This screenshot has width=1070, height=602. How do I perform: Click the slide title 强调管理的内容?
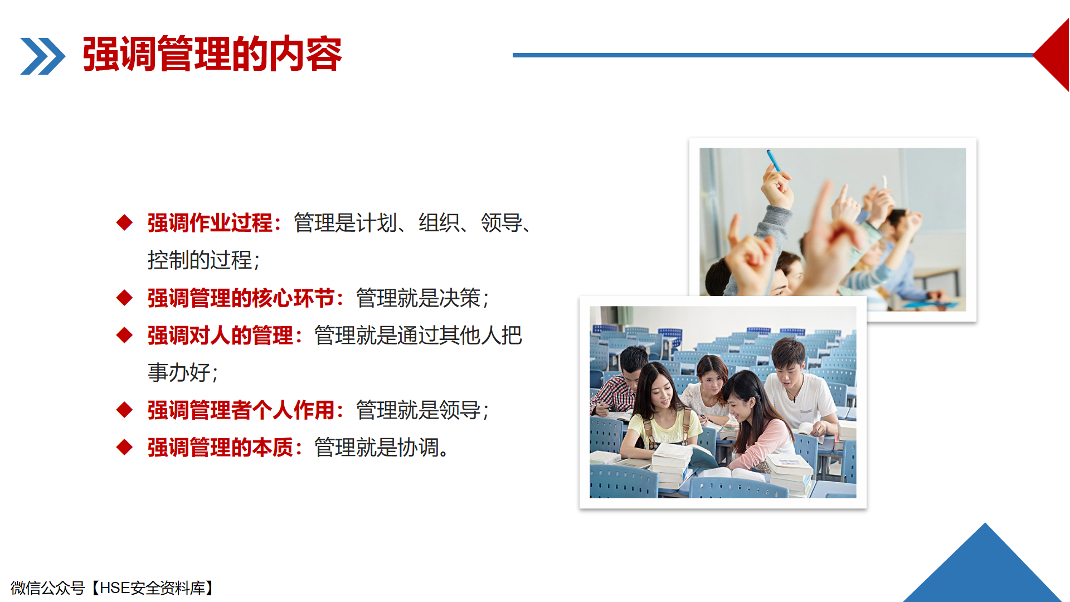pos(212,54)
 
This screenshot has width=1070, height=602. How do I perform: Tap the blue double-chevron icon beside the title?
pos(43,56)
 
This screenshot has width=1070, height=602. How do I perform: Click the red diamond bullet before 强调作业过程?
pos(124,222)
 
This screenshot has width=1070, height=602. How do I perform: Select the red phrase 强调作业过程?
pos(210,223)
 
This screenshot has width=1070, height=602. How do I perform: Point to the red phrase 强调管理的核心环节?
pos(241,298)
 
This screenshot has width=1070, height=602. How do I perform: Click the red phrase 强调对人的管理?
pos(220,336)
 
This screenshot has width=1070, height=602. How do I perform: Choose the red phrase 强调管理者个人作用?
pos(241,410)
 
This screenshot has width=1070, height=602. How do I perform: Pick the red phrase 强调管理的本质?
pos(220,448)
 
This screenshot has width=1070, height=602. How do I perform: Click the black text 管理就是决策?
pos(419,298)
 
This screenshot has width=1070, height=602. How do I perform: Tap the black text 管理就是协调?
pos(377,448)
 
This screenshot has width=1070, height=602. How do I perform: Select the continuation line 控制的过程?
pos(200,260)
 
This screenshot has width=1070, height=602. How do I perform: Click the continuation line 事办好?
pos(179,373)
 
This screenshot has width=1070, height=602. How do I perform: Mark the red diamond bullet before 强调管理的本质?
pos(124,447)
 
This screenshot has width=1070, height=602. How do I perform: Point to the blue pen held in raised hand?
pos(774,160)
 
